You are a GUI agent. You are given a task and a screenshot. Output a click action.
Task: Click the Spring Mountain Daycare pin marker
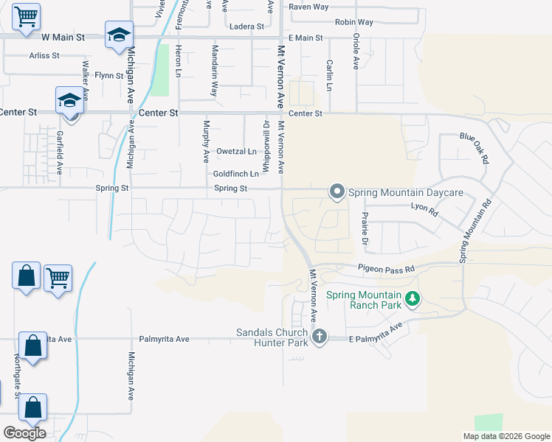point(337,192)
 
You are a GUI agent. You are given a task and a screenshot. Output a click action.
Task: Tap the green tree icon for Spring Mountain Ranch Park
point(413,298)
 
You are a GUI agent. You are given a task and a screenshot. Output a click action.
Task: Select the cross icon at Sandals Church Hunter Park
point(319,337)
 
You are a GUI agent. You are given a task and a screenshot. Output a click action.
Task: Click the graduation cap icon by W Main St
point(118,35)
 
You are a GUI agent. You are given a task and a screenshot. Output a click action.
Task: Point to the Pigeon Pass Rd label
point(386,270)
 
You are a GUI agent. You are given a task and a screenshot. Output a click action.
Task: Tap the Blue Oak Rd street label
point(475,147)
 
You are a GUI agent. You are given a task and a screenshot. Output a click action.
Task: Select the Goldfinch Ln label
point(236,174)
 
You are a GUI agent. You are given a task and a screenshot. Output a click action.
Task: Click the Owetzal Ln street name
point(236,151)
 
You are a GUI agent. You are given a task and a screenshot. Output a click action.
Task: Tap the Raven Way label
point(308,7)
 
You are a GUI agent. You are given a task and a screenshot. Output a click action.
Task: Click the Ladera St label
point(247,27)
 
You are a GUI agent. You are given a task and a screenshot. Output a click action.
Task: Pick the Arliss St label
point(44,55)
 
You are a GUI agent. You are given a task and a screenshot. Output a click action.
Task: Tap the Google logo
point(24,433)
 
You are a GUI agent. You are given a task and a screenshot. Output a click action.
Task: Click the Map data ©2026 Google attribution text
point(506,436)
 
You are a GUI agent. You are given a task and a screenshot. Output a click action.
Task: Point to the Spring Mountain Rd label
point(474,233)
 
